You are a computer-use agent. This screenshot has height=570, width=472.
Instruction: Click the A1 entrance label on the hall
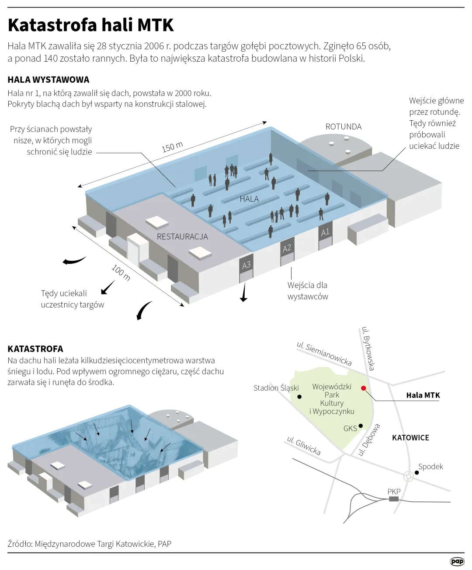click(325, 232)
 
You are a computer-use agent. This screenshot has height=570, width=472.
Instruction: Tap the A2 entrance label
click(287, 248)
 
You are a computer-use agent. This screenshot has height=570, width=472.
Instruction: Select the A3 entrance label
click(246, 265)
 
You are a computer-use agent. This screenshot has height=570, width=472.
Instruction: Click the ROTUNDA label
click(344, 127)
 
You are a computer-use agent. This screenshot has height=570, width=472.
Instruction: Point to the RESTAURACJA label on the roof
click(182, 237)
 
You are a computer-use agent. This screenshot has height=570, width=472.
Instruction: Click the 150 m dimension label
click(172, 147)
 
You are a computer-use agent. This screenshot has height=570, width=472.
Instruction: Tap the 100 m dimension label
click(121, 273)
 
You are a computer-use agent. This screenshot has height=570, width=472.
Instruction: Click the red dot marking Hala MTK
click(363, 388)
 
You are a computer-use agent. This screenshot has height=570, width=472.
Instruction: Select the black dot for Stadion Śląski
click(299, 397)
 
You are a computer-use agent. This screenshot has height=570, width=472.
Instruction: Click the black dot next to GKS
click(361, 426)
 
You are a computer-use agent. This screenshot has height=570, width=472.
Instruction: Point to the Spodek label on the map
click(430, 466)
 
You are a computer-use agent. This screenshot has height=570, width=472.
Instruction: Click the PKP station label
click(394, 491)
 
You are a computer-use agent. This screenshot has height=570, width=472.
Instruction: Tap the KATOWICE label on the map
click(410, 437)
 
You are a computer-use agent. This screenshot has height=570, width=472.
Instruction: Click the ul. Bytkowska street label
click(368, 349)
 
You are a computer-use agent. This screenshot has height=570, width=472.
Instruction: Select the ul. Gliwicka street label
click(304, 445)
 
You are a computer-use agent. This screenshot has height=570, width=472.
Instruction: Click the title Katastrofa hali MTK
click(91, 25)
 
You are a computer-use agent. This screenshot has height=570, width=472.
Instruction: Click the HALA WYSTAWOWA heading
click(49, 80)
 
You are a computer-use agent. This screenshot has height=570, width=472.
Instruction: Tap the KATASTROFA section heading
click(35, 349)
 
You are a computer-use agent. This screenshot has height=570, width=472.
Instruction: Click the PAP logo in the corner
click(457, 561)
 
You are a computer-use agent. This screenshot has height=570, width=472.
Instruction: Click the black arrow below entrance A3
click(244, 293)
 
